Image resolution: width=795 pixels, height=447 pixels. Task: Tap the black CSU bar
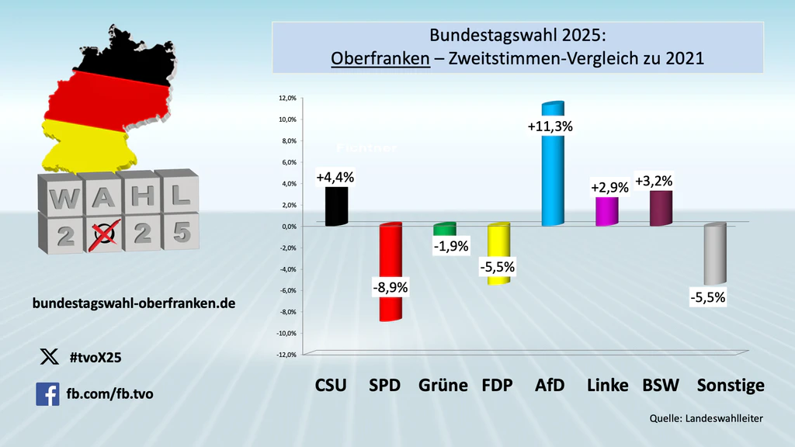pyautogui.click(x=336, y=206)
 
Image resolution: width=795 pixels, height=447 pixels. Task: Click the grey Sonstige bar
pyautogui.click(x=714, y=255)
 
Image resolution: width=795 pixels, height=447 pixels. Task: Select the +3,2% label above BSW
pyautogui.click(x=654, y=182)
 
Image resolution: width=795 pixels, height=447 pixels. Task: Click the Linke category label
pyautogui.click(x=607, y=385)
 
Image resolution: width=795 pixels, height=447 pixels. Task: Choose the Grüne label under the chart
pyautogui.click(x=443, y=385)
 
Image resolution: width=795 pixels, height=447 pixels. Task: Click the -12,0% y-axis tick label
pyautogui.click(x=285, y=355)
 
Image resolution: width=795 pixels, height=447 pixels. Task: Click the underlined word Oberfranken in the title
pyautogui.click(x=380, y=58)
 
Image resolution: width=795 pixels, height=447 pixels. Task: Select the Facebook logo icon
pyautogui.click(x=47, y=394)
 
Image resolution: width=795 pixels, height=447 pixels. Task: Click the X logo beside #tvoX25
pyautogui.click(x=48, y=357)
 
